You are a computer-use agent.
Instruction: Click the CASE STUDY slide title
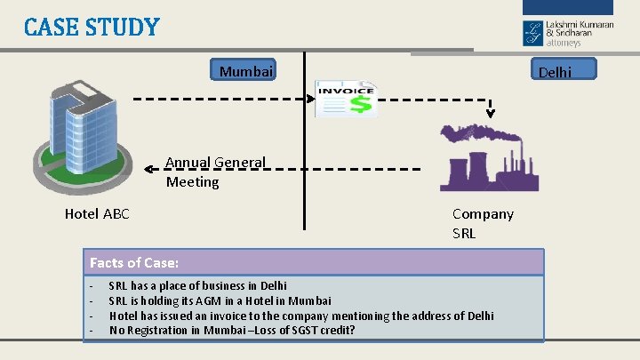[x=92, y=27]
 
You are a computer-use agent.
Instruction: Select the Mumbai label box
[x=246, y=70]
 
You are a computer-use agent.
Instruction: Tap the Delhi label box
[x=564, y=70]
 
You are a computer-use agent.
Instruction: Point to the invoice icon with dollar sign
[x=347, y=99]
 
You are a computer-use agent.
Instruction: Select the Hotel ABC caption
[x=97, y=213]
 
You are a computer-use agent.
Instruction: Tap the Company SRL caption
[x=483, y=223]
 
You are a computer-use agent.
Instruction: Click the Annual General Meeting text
[x=215, y=172]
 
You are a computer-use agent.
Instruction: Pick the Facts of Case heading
[x=134, y=263]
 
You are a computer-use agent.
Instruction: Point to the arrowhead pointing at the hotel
[x=152, y=167]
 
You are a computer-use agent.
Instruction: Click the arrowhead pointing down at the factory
[x=490, y=113]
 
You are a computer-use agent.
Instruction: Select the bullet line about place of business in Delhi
[x=197, y=286]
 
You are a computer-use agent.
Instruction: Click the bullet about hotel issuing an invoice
[x=300, y=316]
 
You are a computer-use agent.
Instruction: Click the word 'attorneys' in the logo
[x=564, y=42]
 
